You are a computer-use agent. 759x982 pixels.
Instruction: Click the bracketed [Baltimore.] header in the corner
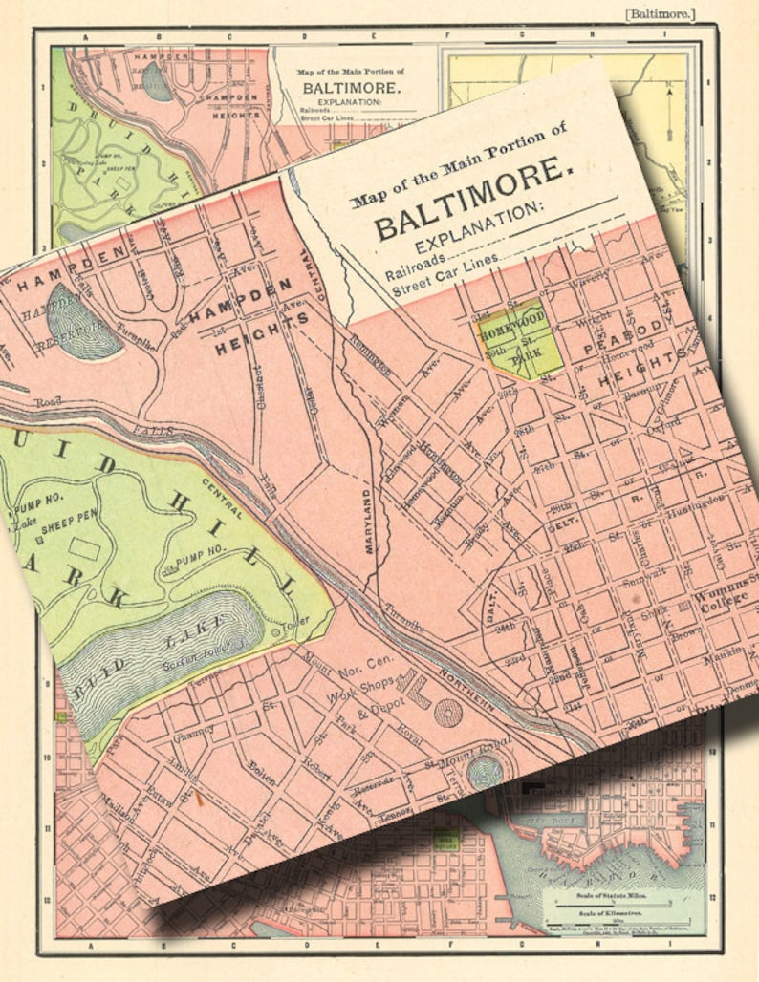660,13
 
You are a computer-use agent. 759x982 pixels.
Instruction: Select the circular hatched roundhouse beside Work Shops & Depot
447,713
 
